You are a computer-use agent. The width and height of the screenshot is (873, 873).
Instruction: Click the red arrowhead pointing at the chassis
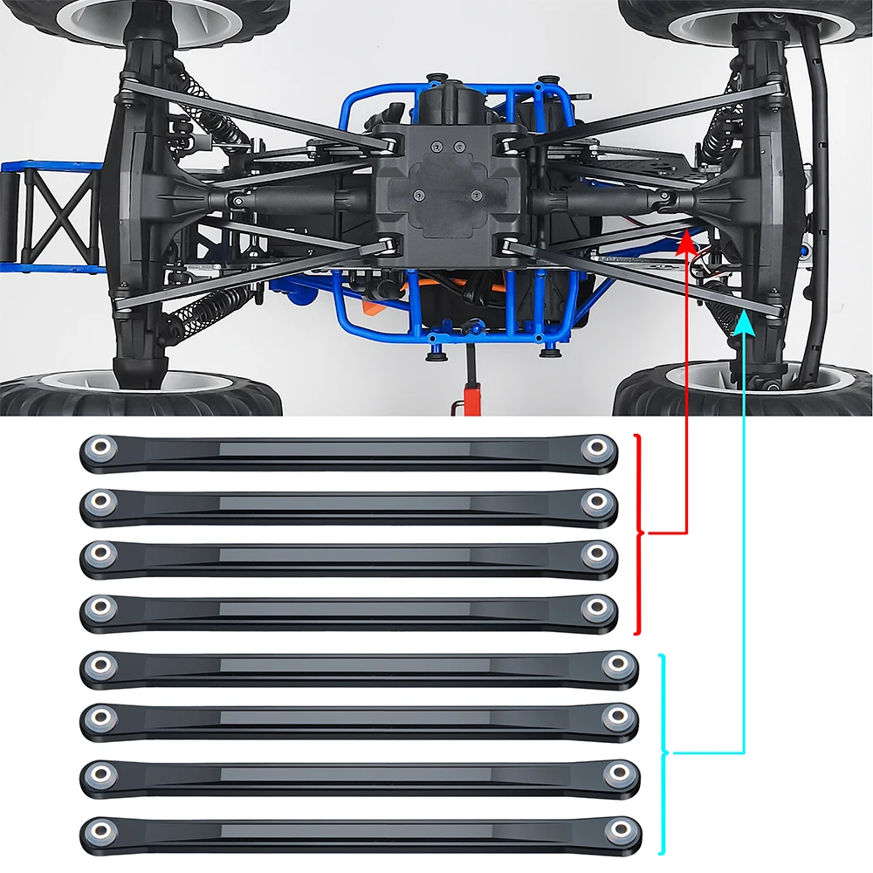(x=687, y=237)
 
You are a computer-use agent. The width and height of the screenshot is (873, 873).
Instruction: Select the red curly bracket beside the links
(x=640, y=532)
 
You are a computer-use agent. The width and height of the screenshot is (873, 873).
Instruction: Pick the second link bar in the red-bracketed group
(x=349, y=505)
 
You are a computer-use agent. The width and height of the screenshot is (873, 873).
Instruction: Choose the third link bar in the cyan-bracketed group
(x=358, y=774)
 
